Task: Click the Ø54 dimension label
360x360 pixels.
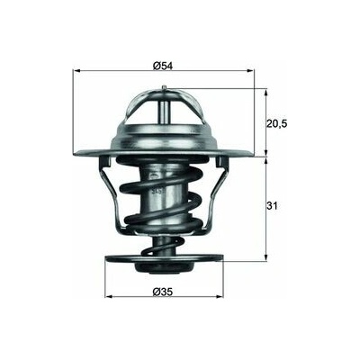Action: pos(163,66)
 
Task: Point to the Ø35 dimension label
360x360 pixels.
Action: pos(163,292)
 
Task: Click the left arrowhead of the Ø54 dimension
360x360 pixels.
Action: pos(76,71)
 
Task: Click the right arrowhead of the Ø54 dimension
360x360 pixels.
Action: pos(250,71)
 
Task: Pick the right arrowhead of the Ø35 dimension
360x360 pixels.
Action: pos(220,297)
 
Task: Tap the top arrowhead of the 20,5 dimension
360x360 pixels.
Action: pos(265,92)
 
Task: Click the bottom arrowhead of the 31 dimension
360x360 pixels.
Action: pos(265,257)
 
